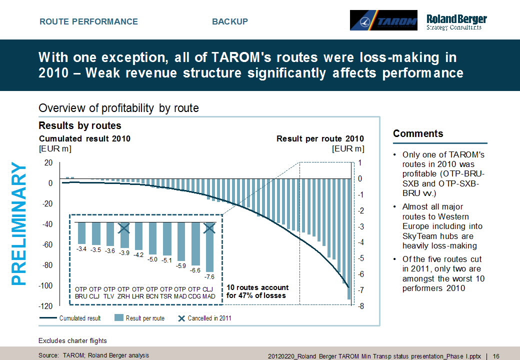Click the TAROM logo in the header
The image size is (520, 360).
[x=383, y=20]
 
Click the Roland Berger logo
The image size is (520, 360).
[x=456, y=21]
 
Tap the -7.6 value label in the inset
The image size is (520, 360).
[x=209, y=276]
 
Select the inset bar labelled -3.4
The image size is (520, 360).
[x=82, y=232]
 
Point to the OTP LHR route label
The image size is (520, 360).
[x=138, y=292]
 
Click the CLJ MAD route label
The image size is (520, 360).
[x=209, y=292]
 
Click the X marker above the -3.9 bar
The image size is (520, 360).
[x=124, y=228]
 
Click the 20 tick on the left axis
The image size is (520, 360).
[x=48, y=163]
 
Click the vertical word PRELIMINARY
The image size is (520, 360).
[x=19, y=223]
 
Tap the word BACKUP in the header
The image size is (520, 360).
[x=230, y=21]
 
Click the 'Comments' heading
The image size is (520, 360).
[x=418, y=133]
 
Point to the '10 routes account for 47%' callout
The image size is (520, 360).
[x=257, y=291]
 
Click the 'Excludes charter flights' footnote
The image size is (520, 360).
[x=72, y=341]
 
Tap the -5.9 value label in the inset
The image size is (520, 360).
[x=181, y=265]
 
